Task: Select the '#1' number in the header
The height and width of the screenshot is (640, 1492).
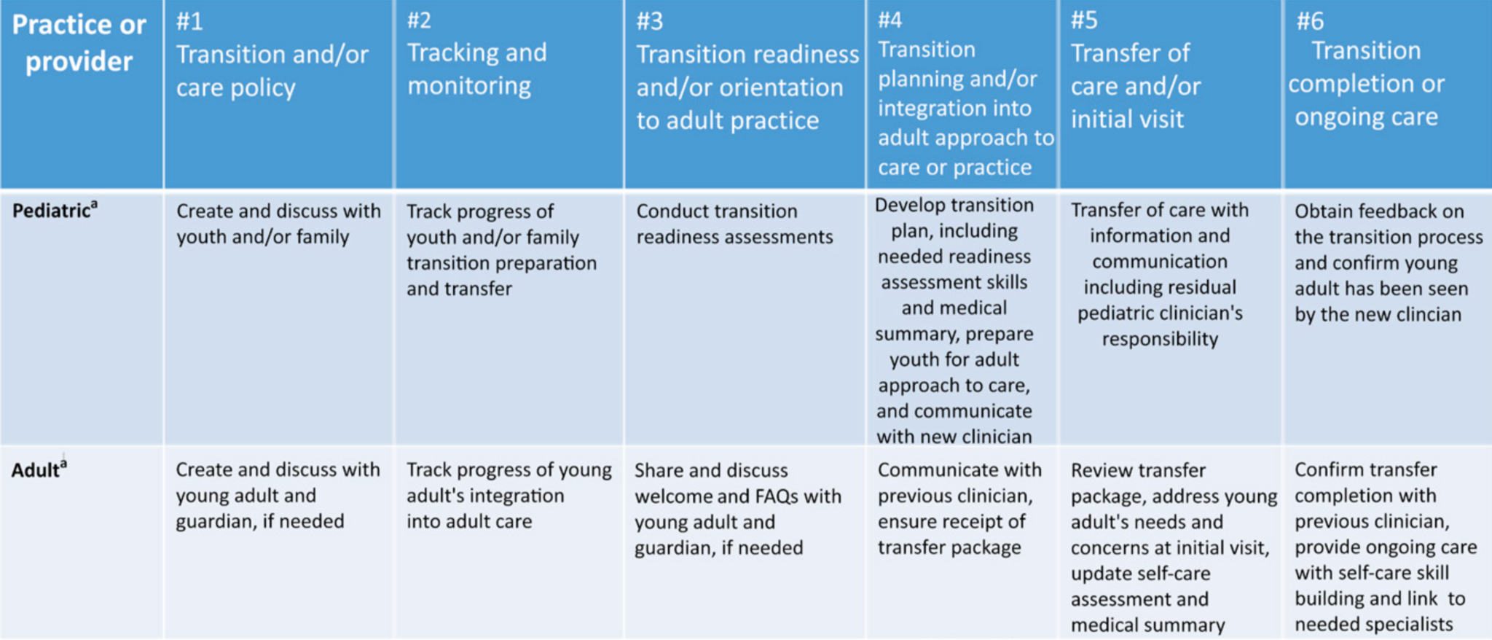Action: pos(189,21)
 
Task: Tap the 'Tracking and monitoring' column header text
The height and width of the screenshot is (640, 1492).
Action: pos(476,69)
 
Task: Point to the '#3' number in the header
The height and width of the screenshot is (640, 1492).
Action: pos(650,21)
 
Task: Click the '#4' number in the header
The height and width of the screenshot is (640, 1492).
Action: pos(890,20)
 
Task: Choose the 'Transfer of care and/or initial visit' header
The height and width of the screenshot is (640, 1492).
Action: pos(1136,86)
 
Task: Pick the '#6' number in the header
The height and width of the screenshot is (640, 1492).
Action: pos(1310,21)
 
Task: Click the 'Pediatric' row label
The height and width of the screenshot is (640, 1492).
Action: pos(51,211)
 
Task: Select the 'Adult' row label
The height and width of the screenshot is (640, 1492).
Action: pos(35,470)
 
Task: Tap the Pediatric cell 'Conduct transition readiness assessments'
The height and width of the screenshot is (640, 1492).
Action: pos(734,224)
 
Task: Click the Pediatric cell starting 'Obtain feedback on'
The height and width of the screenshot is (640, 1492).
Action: pos(1389,262)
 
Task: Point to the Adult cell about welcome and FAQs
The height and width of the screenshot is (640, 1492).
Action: pos(737,509)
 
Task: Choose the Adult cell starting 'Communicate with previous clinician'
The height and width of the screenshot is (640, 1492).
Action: pos(959,508)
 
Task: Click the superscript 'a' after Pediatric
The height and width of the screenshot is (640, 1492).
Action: pos(94,205)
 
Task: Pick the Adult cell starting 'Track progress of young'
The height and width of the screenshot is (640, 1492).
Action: pos(509,496)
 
